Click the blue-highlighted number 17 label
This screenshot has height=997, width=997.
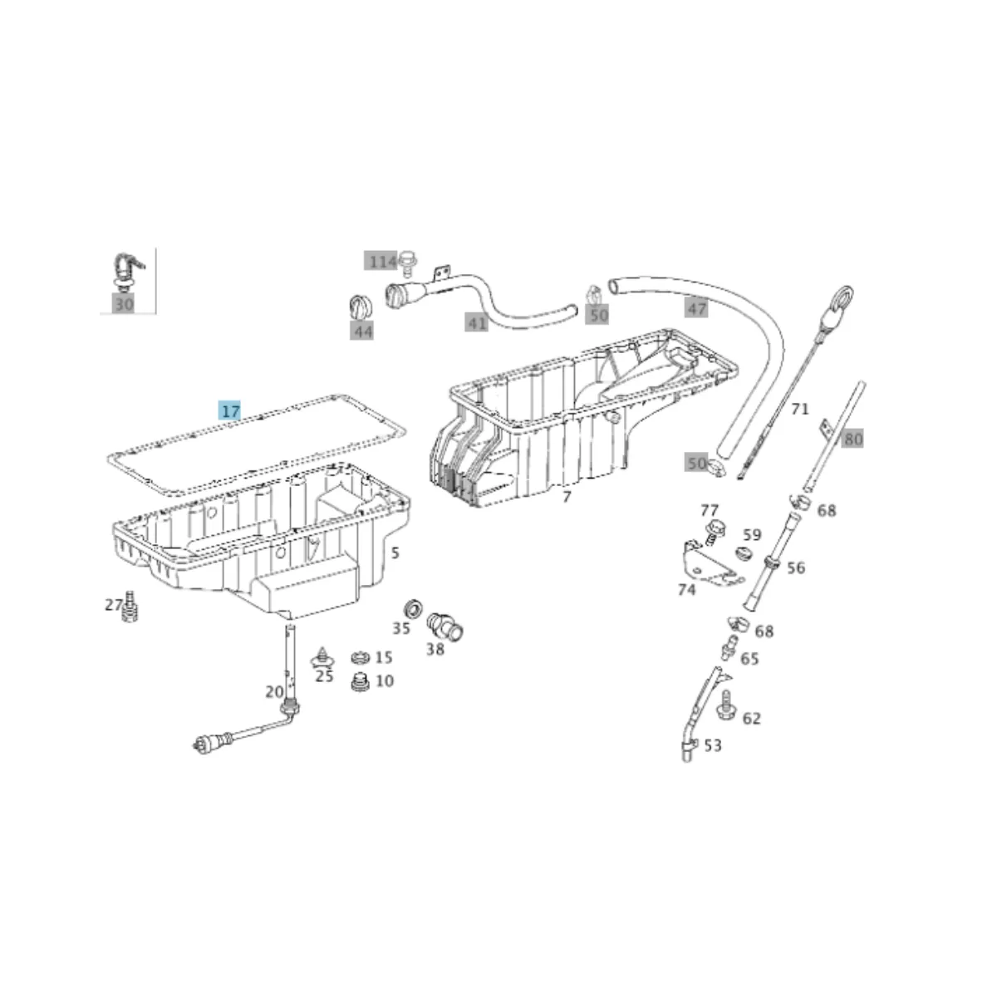coord(229,410)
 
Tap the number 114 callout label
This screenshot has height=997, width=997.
coord(381,261)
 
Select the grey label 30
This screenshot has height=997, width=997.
coord(124,304)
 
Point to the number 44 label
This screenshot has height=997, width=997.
coord(361,331)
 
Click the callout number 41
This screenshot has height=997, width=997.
coord(476,323)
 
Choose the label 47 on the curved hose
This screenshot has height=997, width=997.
coord(696,308)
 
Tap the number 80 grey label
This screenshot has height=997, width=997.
coord(852,439)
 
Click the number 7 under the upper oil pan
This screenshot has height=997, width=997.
coord(567,497)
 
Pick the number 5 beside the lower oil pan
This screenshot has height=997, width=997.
coord(395,553)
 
